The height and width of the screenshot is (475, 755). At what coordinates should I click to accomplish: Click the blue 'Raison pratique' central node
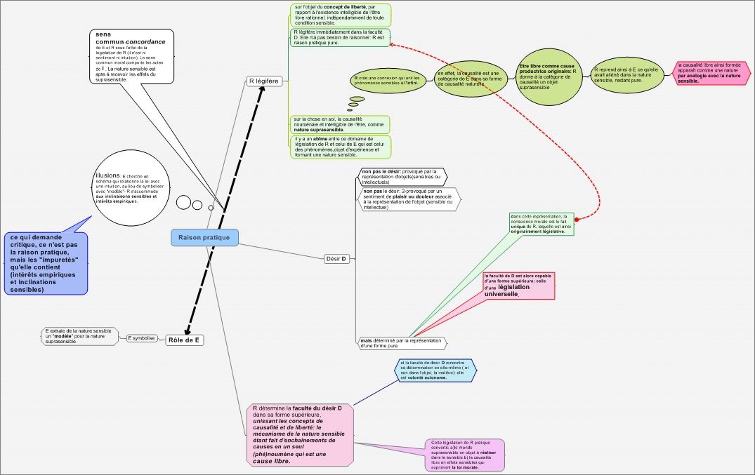[204, 238]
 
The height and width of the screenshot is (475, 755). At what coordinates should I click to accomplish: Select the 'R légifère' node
[264, 81]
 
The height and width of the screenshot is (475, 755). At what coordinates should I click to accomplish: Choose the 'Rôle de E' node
[184, 340]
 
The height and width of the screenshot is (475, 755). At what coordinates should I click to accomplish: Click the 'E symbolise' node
[141, 338]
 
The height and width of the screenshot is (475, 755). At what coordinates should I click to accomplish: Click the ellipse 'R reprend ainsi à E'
[627, 75]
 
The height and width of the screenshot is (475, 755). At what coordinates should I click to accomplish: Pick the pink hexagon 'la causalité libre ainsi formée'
[711, 73]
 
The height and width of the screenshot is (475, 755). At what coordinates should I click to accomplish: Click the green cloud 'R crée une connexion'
[388, 80]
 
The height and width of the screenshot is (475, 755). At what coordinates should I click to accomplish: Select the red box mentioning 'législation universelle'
[518, 285]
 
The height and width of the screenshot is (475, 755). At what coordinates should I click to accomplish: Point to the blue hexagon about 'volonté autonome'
[435, 370]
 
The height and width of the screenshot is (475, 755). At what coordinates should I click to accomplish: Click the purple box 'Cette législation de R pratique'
[465, 455]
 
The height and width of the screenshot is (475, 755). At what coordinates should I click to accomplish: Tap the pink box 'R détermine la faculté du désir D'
[298, 434]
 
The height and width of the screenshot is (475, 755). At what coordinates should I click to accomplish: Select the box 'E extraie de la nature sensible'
[81, 336]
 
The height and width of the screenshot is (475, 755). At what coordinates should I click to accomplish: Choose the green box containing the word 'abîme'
[341, 147]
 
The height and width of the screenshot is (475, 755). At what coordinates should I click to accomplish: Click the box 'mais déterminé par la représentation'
[402, 343]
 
